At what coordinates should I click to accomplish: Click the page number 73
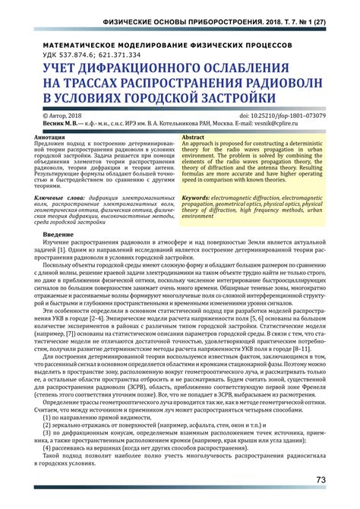(321, 480)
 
